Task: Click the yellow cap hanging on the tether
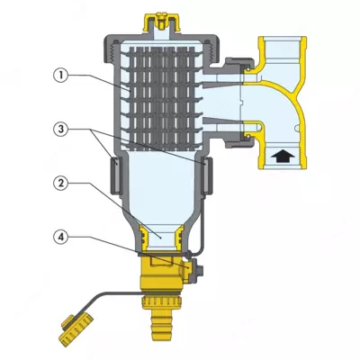point(69,334)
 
